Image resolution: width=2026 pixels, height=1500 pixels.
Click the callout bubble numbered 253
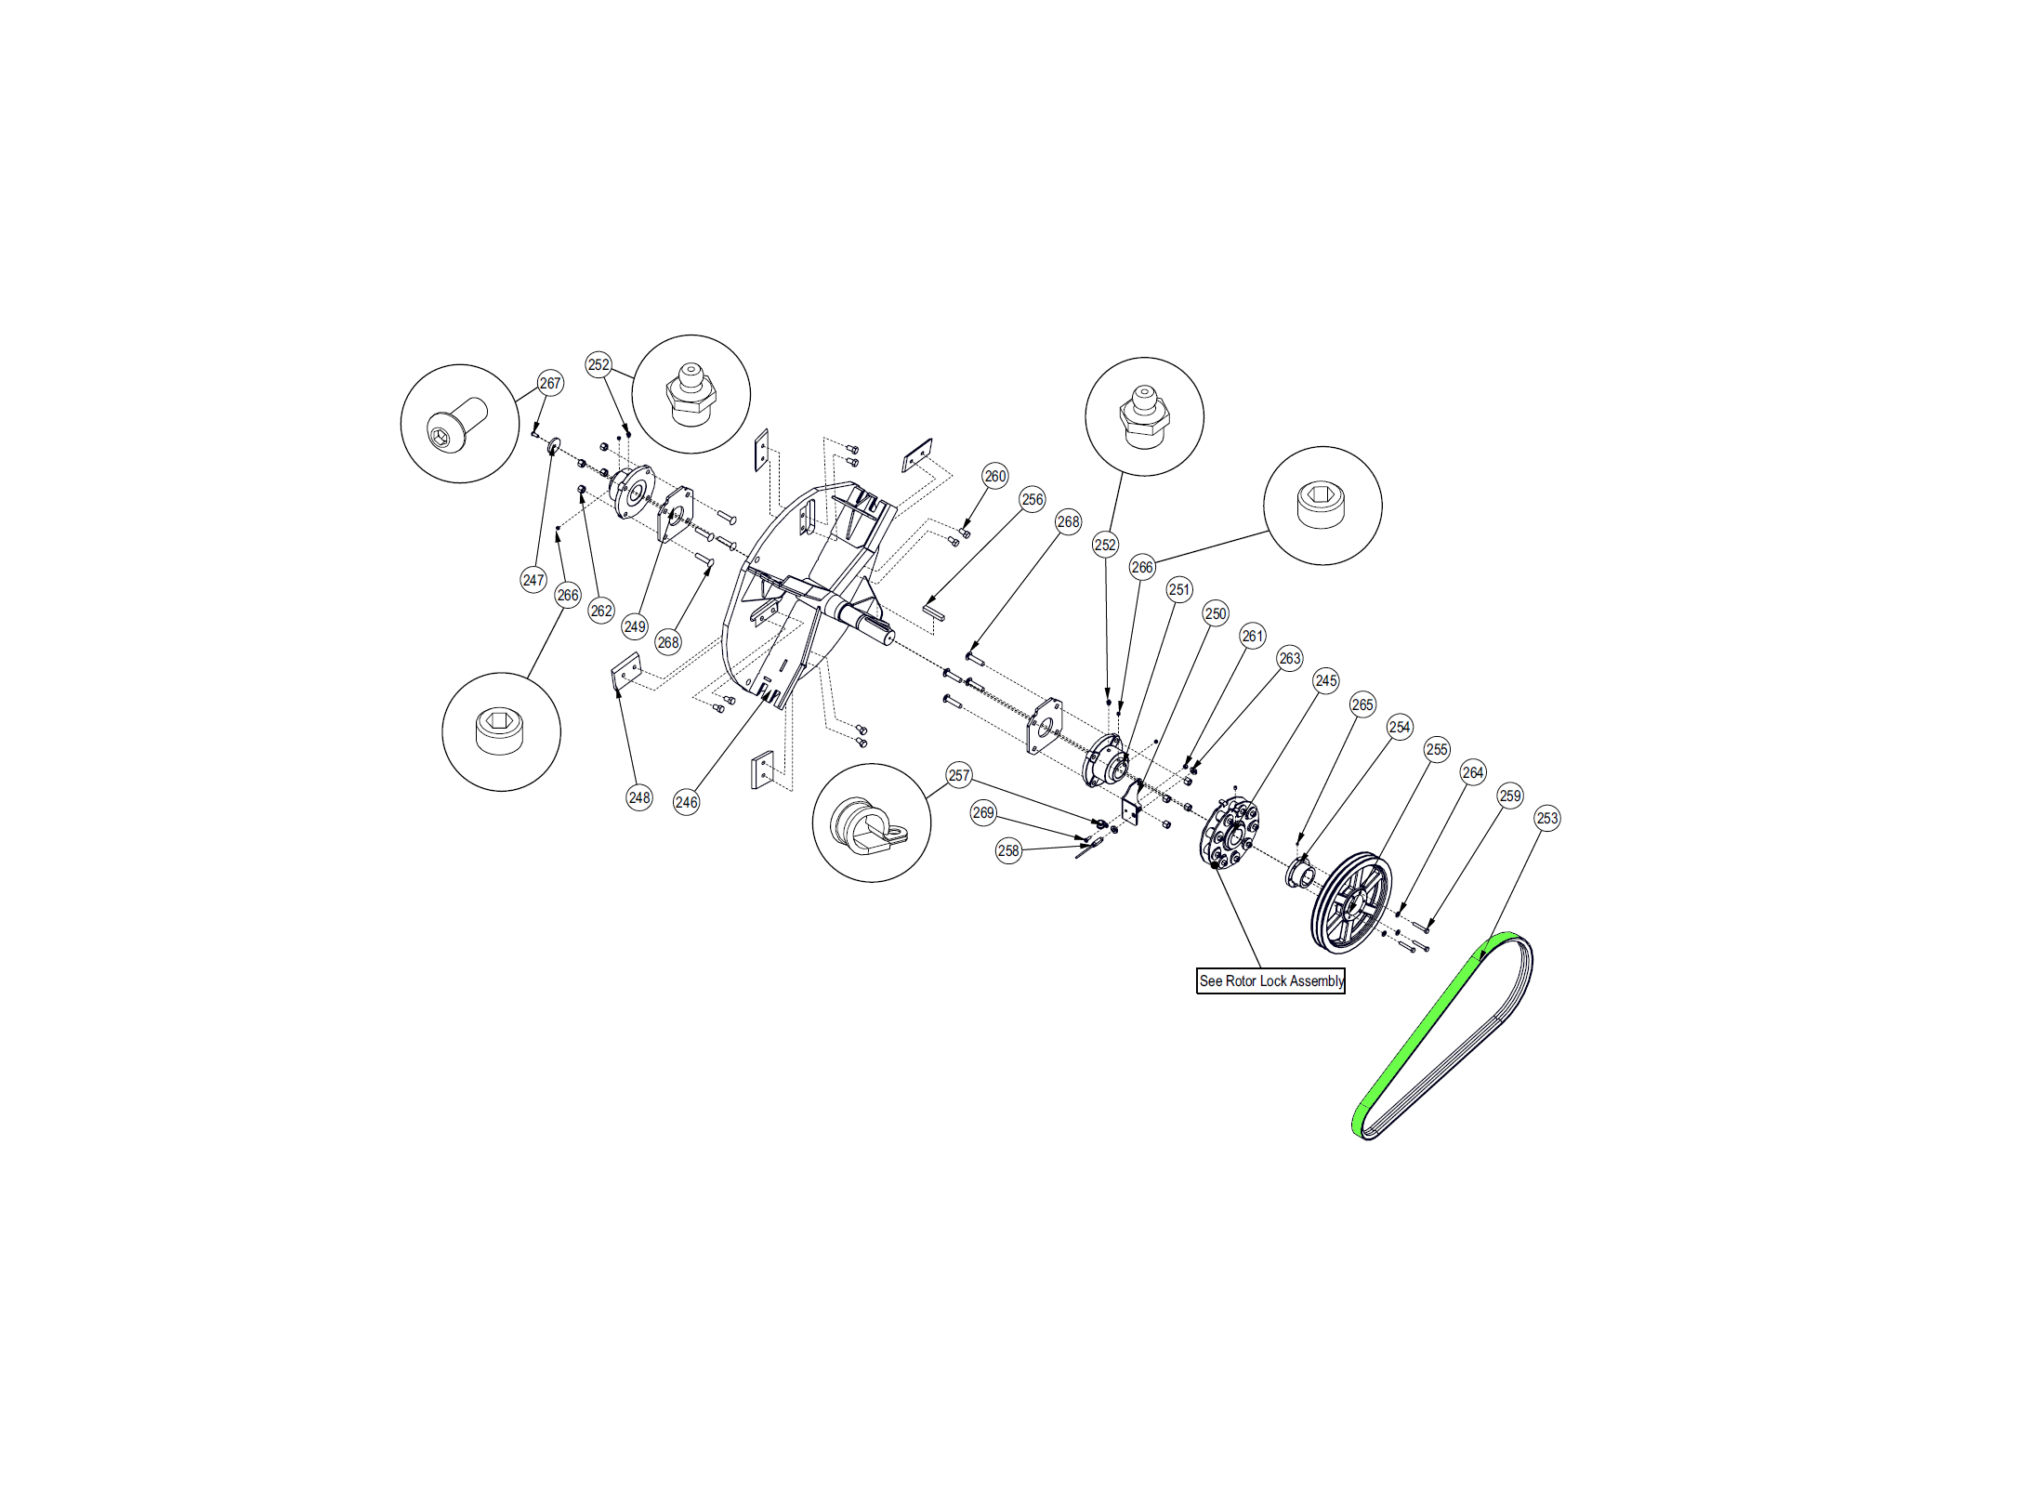[x=1547, y=818]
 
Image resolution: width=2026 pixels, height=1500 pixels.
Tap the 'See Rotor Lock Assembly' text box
[x=1270, y=980]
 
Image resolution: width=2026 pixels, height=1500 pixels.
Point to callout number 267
[x=550, y=383]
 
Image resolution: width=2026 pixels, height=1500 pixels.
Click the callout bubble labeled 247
[x=533, y=580]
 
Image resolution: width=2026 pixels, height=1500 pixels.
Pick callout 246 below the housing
[x=686, y=802]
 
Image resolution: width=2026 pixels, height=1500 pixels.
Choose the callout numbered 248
[x=639, y=797]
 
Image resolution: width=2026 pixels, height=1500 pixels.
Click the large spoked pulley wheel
[x=1352, y=901]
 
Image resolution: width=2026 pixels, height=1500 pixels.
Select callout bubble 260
[x=995, y=476]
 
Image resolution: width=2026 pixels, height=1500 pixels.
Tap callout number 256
[x=1033, y=499]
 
